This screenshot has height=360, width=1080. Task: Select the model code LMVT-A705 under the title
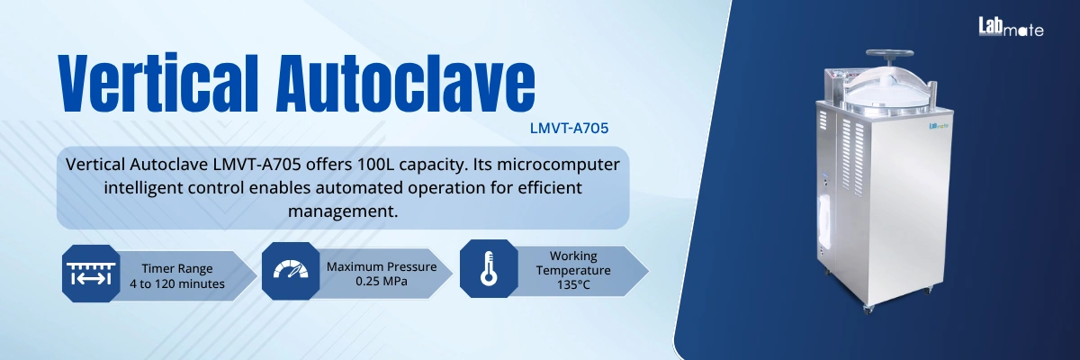pos(569,128)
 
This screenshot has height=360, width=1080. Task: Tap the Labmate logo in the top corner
pos(1011,28)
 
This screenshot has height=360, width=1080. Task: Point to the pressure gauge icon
pos(289,269)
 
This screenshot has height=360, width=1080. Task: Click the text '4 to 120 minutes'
pos(177,284)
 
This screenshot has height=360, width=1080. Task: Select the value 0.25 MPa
pos(381,282)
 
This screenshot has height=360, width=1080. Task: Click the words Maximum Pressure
pos(382,266)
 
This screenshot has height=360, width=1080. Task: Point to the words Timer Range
pos(176,267)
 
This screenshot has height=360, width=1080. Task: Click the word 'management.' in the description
pos(343,211)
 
